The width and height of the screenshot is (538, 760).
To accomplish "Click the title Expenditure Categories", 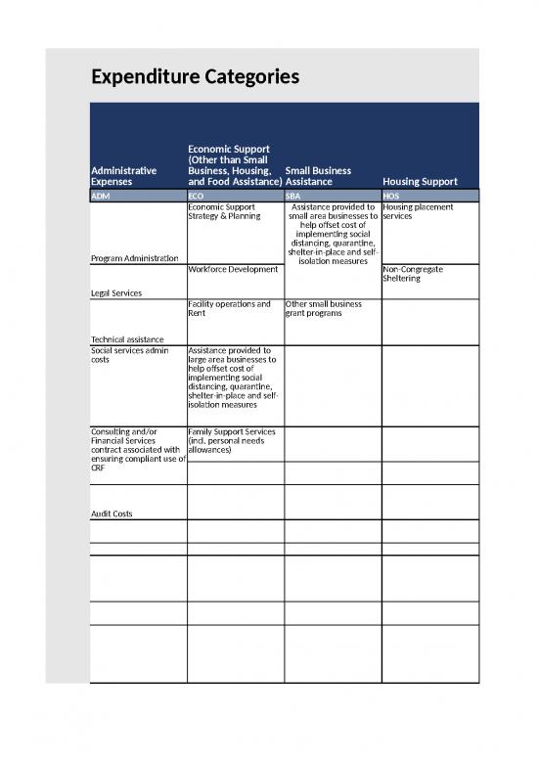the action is [195, 77].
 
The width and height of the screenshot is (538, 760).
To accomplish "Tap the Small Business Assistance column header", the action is [318, 176].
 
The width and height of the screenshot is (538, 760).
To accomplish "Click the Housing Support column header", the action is [421, 181].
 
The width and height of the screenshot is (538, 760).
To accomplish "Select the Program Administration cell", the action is [133, 258].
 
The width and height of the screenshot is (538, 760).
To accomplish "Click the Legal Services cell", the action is [115, 292].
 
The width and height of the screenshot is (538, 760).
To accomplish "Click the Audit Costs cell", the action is [112, 514].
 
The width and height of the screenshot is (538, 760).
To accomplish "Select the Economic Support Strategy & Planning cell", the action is [224, 211].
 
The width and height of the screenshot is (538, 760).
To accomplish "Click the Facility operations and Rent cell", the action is [229, 309].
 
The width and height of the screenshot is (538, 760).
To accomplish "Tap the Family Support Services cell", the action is [232, 436].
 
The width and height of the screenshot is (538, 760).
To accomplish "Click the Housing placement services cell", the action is [419, 211].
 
